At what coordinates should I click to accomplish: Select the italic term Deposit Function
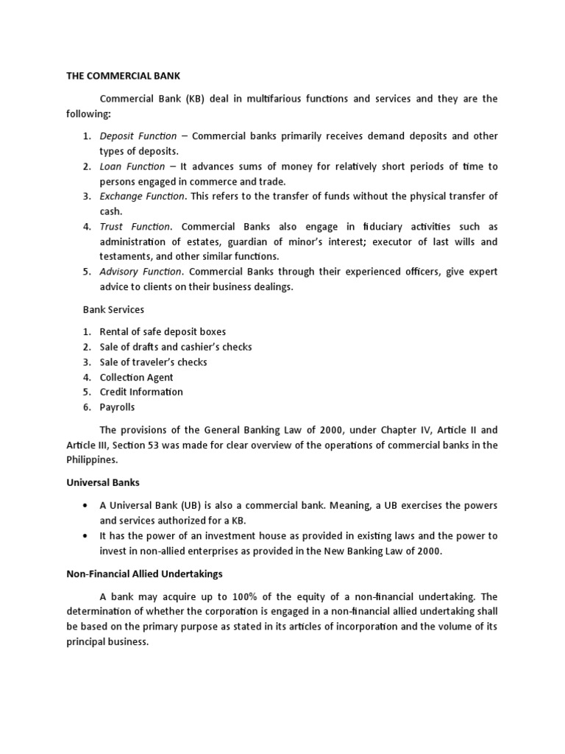[138, 136]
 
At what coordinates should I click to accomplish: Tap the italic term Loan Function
[132, 166]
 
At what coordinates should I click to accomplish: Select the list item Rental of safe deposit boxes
[163, 332]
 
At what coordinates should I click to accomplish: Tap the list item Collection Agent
[136, 377]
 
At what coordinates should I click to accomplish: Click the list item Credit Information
[141, 392]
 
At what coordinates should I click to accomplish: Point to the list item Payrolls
[117, 407]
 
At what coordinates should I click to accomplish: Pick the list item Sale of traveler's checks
[153, 362]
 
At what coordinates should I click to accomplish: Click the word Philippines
[92, 460]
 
